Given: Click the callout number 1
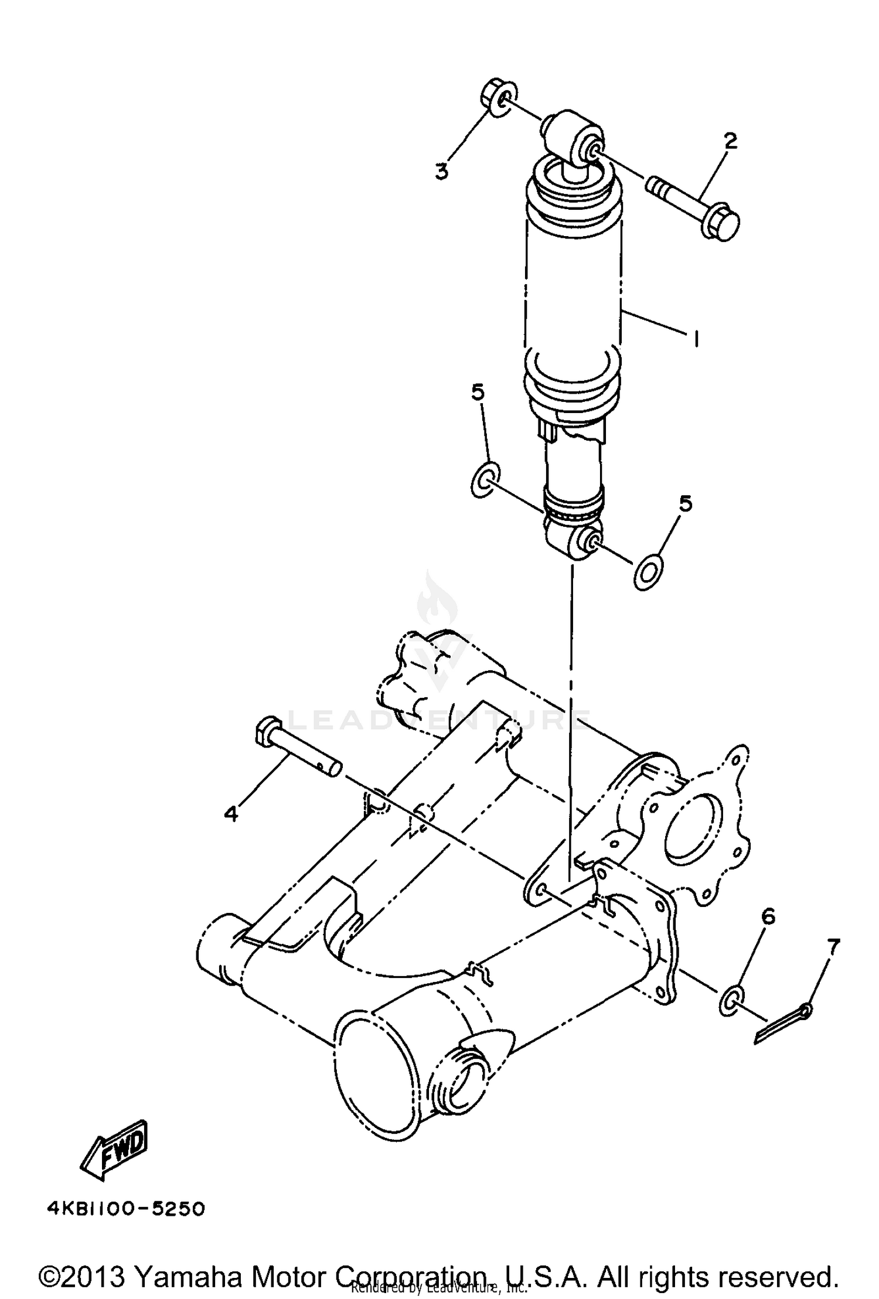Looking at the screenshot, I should coord(696,339).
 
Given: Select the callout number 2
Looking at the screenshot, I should coord(730,141).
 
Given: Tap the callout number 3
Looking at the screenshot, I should coord(441,172).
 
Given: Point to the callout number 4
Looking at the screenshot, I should coord(231,813).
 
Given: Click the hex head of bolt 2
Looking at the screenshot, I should coord(722,223).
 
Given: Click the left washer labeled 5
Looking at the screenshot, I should coord(485,480).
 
